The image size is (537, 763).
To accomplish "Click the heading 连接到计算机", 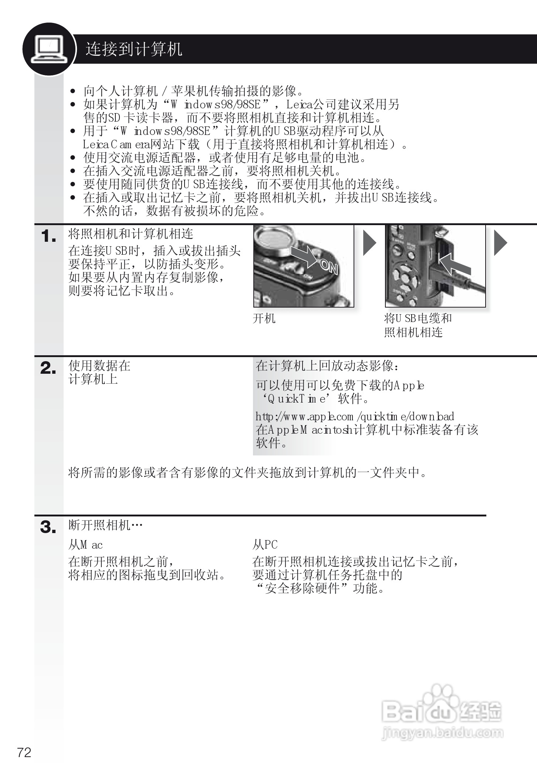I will pos(134,49).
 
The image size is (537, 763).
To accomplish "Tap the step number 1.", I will pos(48,236).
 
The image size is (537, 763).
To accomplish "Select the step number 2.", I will pos(48,369).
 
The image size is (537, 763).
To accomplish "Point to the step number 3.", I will pos(48,528).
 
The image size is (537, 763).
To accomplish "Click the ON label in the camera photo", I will pos(329,267).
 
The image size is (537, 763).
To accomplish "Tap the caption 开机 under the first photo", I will pos(264,318).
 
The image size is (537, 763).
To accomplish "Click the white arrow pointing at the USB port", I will pos(454,264).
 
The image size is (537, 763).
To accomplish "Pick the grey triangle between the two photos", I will pos(369,243).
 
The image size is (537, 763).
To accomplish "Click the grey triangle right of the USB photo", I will pos(500,243).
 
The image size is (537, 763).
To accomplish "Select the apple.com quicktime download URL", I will pos(355,417).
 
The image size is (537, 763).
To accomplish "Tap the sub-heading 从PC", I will pos(265,545).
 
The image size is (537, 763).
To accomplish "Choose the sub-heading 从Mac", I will pos(85,545).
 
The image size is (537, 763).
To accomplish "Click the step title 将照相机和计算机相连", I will pos(131,234).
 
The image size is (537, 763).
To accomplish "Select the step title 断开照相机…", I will pos(105,525).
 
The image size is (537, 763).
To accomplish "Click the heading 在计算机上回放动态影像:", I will pos(328,366).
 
